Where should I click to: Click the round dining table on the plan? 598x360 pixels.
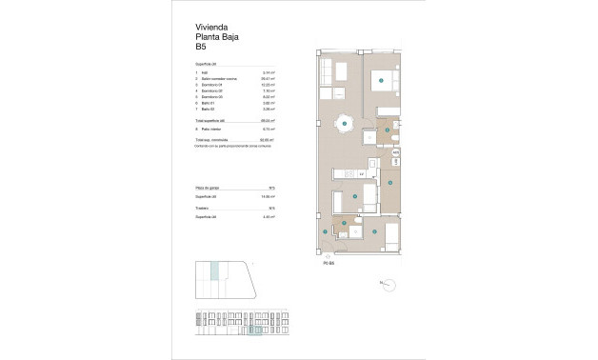click(343, 123)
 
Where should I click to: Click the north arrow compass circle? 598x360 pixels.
click(388, 283)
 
